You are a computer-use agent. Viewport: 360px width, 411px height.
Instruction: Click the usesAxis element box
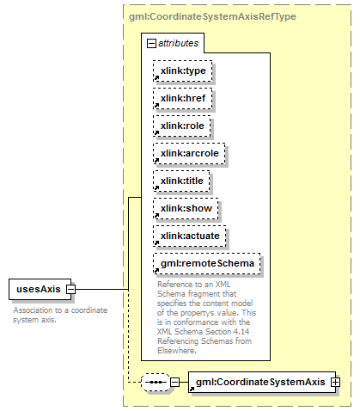pos(40,289)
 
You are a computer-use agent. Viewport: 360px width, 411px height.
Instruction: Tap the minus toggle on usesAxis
pos(70,289)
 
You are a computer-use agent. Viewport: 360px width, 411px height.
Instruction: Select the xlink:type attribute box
pos(183,71)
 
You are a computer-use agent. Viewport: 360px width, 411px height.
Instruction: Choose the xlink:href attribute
pos(183,98)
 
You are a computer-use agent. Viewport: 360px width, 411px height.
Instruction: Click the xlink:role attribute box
pos(182,126)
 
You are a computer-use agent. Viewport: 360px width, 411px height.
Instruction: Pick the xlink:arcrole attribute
pos(189,153)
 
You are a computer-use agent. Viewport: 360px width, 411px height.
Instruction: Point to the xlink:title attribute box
pos(181,181)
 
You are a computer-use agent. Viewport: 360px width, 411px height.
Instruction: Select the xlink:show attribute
pos(186,208)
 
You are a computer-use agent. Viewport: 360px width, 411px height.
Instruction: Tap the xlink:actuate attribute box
pos(190,236)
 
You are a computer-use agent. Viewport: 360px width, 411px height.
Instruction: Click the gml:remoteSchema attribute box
pos(207,263)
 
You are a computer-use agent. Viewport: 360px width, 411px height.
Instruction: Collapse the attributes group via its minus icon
pos(151,44)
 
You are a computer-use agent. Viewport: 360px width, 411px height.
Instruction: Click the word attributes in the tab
pos(178,43)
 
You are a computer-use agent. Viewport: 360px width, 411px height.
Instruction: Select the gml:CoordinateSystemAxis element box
pos(262,382)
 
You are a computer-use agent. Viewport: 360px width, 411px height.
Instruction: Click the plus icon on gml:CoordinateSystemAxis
pos(335,382)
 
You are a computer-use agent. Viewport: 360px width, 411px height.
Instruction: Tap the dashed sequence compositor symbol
pos(156,382)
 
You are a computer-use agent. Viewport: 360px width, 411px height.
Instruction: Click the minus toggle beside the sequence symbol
pos(175,382)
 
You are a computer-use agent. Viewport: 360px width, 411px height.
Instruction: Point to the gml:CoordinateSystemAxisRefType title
pos(212,16)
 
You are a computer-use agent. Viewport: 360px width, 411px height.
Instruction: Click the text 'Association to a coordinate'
pos(60,310)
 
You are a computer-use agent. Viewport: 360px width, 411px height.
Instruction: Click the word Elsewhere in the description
pos(177,351)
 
